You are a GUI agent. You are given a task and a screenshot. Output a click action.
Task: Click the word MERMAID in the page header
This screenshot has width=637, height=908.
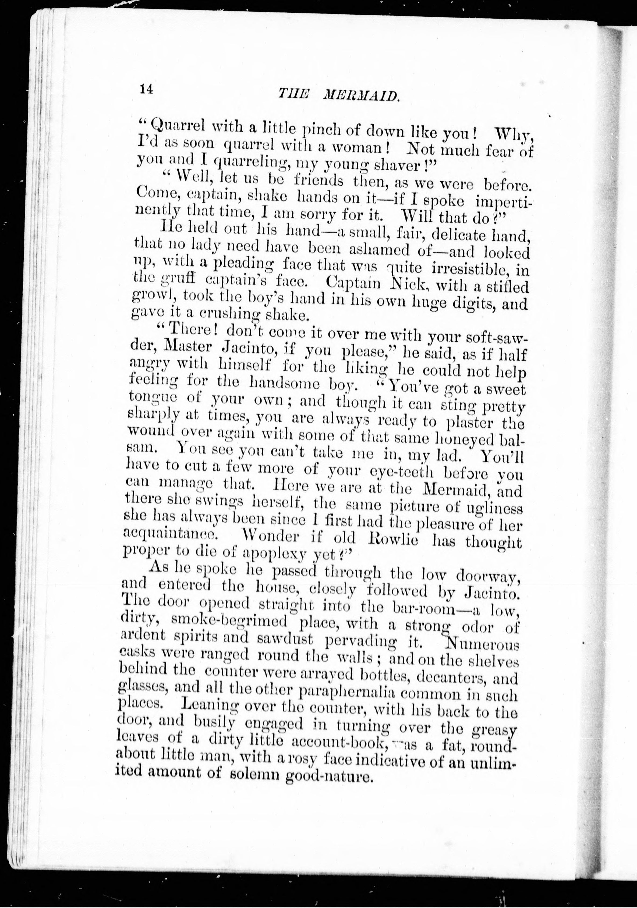click(x=360, y=95)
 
